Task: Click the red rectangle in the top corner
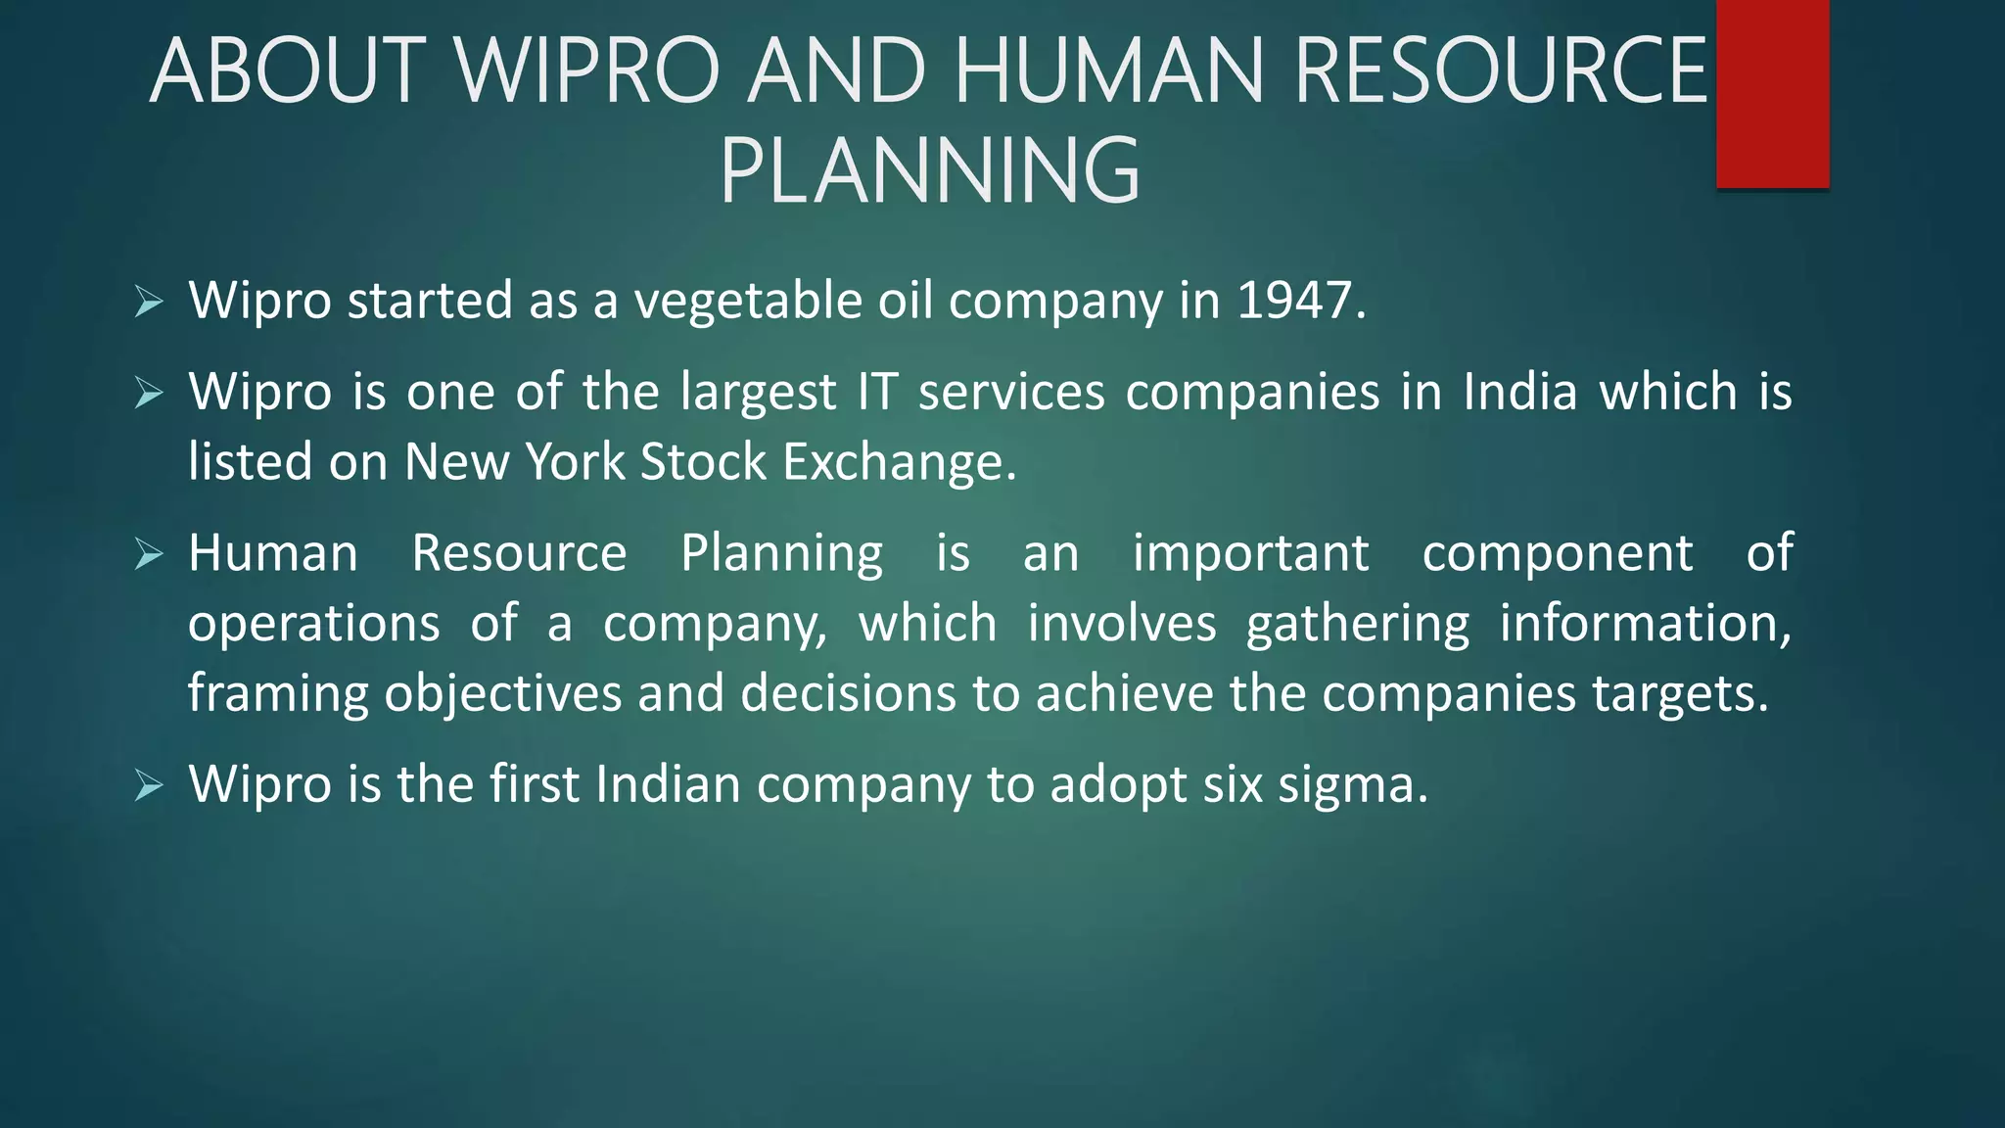tap(1772, 93)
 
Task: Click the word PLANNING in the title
tap(930, 171)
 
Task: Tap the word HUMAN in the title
tap(1110, 70)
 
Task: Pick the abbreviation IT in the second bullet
tap(877, 392)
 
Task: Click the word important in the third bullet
tap(1250, 553)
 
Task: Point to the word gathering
tap(1357, 624)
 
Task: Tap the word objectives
tap(503, 694)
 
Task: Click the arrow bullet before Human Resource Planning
tap(149, 555)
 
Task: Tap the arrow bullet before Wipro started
tap(149, 302)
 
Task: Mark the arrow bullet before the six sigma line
tap(149, 785)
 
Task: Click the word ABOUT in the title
tap(289, 70)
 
